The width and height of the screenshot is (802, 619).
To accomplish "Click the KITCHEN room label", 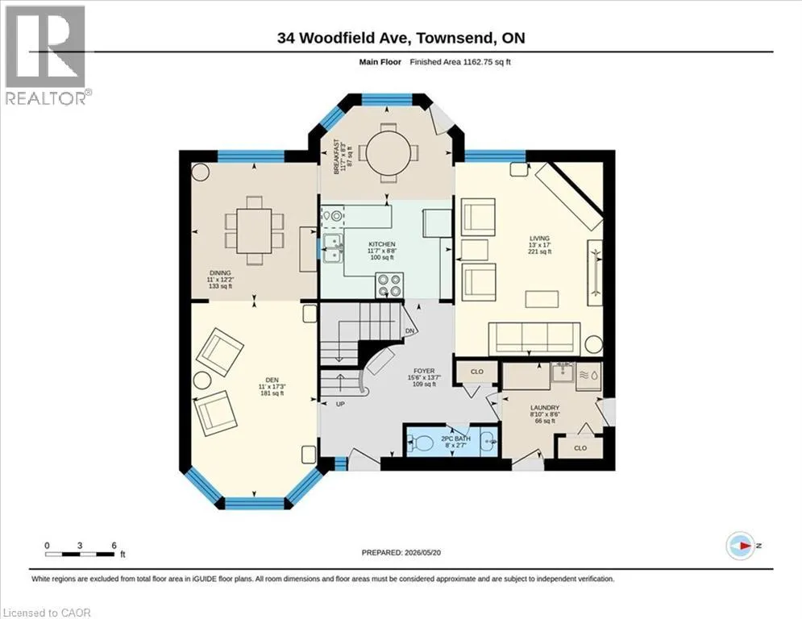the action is pyautogui.click(x=382, y=244).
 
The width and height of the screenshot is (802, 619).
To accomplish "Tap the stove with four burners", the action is pyautogui.click(x=389, y=285).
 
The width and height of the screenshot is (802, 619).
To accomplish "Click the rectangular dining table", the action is pyautogui.click(x=254, y=231).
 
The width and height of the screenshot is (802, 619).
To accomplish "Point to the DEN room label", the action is pyautogui.click(x=272, y=380).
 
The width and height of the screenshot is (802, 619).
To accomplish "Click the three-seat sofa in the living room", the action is pyautogui.click(x=534, y=339).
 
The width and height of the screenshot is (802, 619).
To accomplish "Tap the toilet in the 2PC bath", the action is pyautogui.click(x=421, y=442).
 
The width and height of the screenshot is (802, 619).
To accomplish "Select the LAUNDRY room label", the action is pyautogui.click(x=545, y=408).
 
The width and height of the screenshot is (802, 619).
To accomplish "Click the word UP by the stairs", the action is pyautogui.click(x=340, y=404).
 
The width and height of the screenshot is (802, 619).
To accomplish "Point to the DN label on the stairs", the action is pyautogui.click(x=409, y=331).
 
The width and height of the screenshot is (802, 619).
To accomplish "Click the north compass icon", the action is pyautogui.click(x=741, y=546).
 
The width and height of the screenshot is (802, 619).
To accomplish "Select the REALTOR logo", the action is pyautogui.click(x=46, y=56).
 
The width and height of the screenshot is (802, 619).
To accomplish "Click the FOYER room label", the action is pyautogui.click(x=424, y=371).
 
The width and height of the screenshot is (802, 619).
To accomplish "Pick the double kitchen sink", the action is pyautogui.click(x=333, y=248).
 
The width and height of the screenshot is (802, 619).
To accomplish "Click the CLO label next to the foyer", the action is pyautogui.click(x=476, y=372).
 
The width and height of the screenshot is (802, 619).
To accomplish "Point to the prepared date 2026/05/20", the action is pyautogui.click(x=422, y=552).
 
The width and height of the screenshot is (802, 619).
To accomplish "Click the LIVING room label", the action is pyautogui.click(x=539, y=238).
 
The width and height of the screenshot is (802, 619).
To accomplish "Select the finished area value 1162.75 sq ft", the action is pyautogui.click(x=486, y=62).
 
